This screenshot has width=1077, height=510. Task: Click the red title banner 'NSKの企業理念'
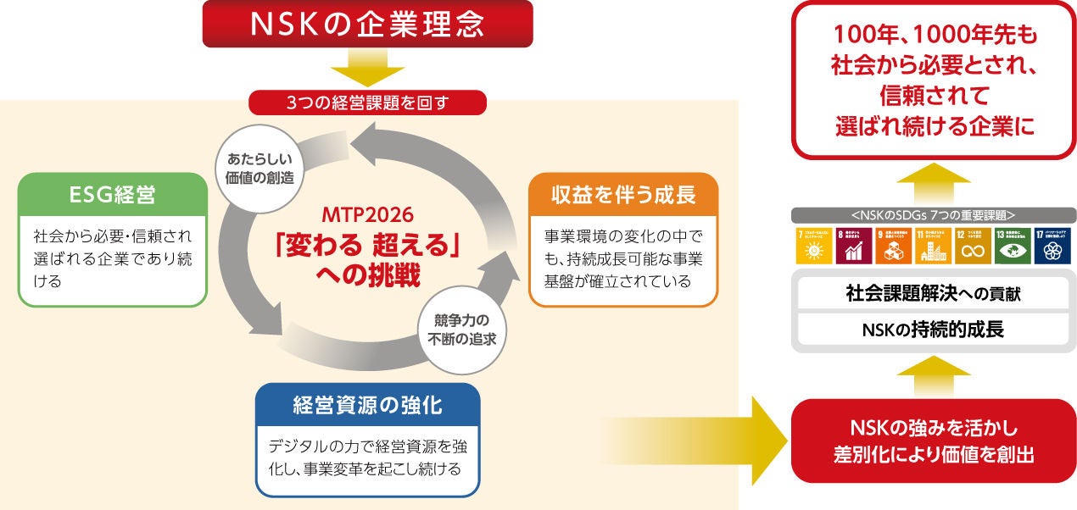pyautogui.click(x=366, y=24)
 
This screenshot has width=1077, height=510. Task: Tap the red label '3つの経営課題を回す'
pyautogui.click(x=366, y=103)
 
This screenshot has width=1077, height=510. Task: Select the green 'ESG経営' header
pyautogui.click(x=112, y=197)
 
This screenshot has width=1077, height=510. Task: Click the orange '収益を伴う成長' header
pyautogui.click(x=623, y=196)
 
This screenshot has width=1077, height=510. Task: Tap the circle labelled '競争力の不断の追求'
pyautogui.click(x=459, y=330)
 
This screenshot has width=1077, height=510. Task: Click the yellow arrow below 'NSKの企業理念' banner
pyautogui.click(x=366, y=69)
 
